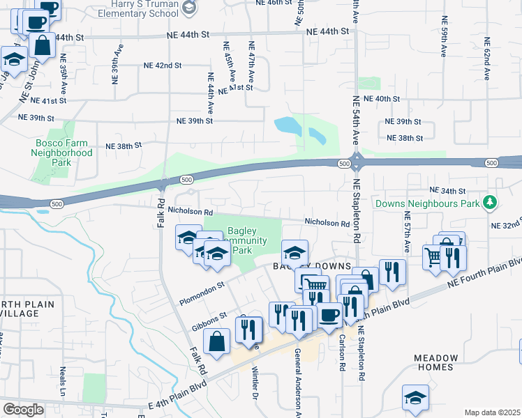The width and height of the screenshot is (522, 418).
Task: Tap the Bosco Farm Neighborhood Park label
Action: click(64, 152)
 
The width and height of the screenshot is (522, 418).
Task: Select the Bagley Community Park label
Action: click(249, 240)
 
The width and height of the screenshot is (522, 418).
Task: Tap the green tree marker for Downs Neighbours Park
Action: click(491, 203)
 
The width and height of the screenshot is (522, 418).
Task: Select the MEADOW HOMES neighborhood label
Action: click(445, 362)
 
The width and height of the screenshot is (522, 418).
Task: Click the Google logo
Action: click(23, 410)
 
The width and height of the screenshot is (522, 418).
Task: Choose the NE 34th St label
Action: click(447, 190)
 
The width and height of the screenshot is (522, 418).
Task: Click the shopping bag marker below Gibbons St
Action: click(217, 342)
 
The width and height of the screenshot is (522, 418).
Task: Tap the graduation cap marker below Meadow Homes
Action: click(415, 398)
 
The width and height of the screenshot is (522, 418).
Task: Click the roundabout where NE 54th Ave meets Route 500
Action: click(356, 162)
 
